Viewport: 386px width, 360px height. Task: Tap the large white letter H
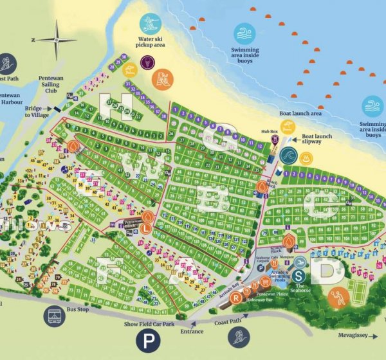[x=116, y=106]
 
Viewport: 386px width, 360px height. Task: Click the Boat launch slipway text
[x=317, y=139]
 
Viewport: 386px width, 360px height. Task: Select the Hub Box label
[x=270, y=131]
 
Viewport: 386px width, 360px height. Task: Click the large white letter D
[x=326, y=273]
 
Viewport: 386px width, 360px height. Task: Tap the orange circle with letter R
[x=237, y=298]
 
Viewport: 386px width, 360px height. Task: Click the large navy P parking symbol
[x=147, y=341]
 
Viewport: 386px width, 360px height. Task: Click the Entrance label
[x=192, y=332]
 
